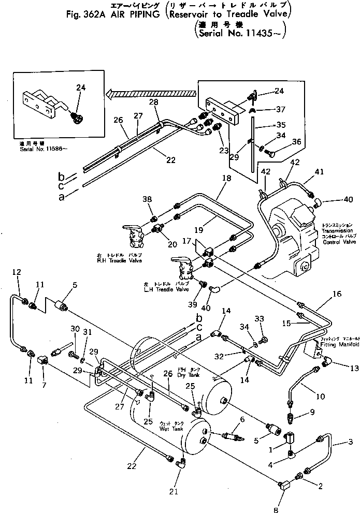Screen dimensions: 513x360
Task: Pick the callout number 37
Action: pyautogui.click(x=280, y=109)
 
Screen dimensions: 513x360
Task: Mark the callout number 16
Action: pyautogui.click(x=337, y=294)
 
